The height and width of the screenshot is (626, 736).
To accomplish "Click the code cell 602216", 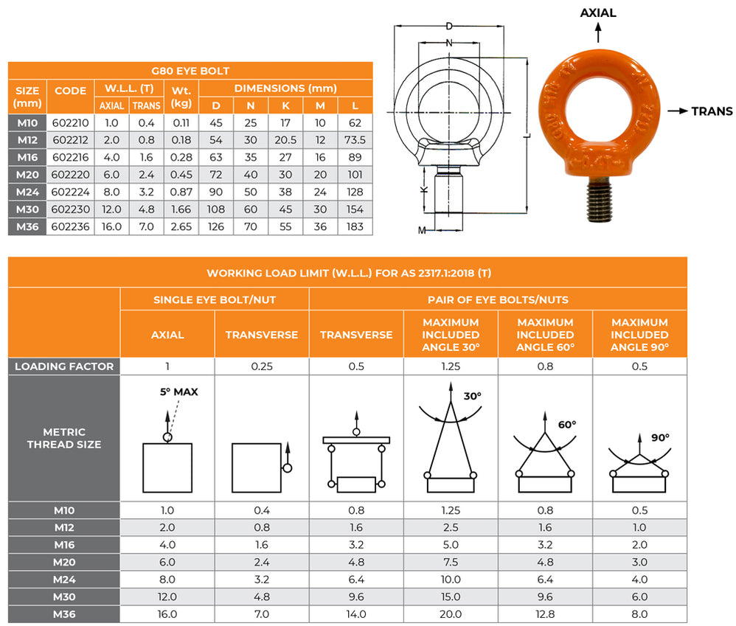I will click(x=71, y=157).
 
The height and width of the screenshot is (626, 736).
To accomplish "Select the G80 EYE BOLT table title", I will click(x=190, y=72).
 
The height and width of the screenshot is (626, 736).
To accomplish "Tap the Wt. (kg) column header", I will click(x=181, y=97).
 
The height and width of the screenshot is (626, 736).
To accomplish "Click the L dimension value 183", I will click(x=355, y=226).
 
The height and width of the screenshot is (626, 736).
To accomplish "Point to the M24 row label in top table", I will click(x=27, y=192).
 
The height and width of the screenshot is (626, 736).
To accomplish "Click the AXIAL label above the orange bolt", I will click(x=598, y=13).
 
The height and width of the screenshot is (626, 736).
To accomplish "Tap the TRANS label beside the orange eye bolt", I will click(x=711, y=111).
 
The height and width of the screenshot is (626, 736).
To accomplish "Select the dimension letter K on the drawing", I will click(x=423, y=189).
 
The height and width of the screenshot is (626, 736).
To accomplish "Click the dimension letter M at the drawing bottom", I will click(x=422, y=231).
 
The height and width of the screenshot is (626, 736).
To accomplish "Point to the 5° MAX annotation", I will click(x=179, y=392).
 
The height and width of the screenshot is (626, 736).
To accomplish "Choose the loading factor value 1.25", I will click(x=451, y=366).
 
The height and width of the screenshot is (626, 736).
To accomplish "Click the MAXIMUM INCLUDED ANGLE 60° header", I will click(x=545, y=334).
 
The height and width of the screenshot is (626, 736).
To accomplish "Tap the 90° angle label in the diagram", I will click(x=659, y=438).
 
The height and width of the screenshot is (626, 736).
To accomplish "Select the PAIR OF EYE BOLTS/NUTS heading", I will click(x=498, y=299).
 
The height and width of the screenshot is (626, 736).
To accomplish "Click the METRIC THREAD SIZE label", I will click(x=64, y=438).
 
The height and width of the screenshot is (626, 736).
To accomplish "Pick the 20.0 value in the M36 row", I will click(x=451, y=613).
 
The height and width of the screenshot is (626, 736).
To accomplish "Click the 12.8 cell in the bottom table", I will click(x=545, y=613).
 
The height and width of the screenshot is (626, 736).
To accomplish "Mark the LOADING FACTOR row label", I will click(x=64, y=366).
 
